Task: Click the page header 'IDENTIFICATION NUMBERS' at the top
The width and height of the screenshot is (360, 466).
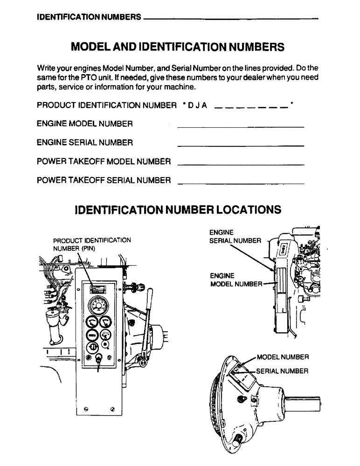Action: pos(89,18)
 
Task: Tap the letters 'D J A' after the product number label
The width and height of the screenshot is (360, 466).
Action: pos(198,106)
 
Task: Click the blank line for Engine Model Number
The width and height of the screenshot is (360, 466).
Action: pos(241,127)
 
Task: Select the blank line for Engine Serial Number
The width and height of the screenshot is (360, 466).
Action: pos(241,146)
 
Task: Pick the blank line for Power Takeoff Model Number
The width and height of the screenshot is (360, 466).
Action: pos(241,164)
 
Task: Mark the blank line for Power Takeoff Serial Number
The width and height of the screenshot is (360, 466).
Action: pos(241,183)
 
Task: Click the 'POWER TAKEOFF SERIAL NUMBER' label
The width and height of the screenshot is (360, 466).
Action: pos(104,180)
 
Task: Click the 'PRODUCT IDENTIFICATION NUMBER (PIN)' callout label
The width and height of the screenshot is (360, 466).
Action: pos(91,244)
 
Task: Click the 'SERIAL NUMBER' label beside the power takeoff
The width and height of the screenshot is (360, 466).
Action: pos(282,371)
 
